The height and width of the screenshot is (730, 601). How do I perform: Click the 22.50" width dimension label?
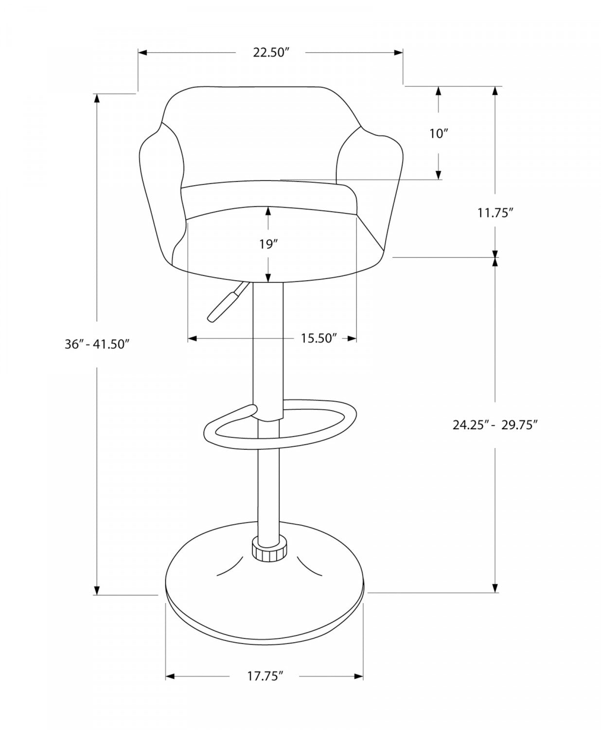[271, 53]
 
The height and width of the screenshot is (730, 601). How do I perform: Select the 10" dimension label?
[438, 133]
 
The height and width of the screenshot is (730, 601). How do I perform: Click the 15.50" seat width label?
[318, 338]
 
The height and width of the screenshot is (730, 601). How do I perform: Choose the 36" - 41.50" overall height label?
[97, 344]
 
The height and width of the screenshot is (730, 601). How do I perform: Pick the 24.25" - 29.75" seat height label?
[495, 425]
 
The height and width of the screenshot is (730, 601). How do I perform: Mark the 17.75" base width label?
[265, 676]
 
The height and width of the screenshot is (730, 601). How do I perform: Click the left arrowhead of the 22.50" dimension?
[142, 53]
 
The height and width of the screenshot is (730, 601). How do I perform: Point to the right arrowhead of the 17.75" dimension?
[359, 676]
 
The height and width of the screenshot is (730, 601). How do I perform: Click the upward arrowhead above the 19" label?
[267, 210]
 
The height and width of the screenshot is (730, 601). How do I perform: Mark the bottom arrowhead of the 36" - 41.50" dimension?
[97, 590]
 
